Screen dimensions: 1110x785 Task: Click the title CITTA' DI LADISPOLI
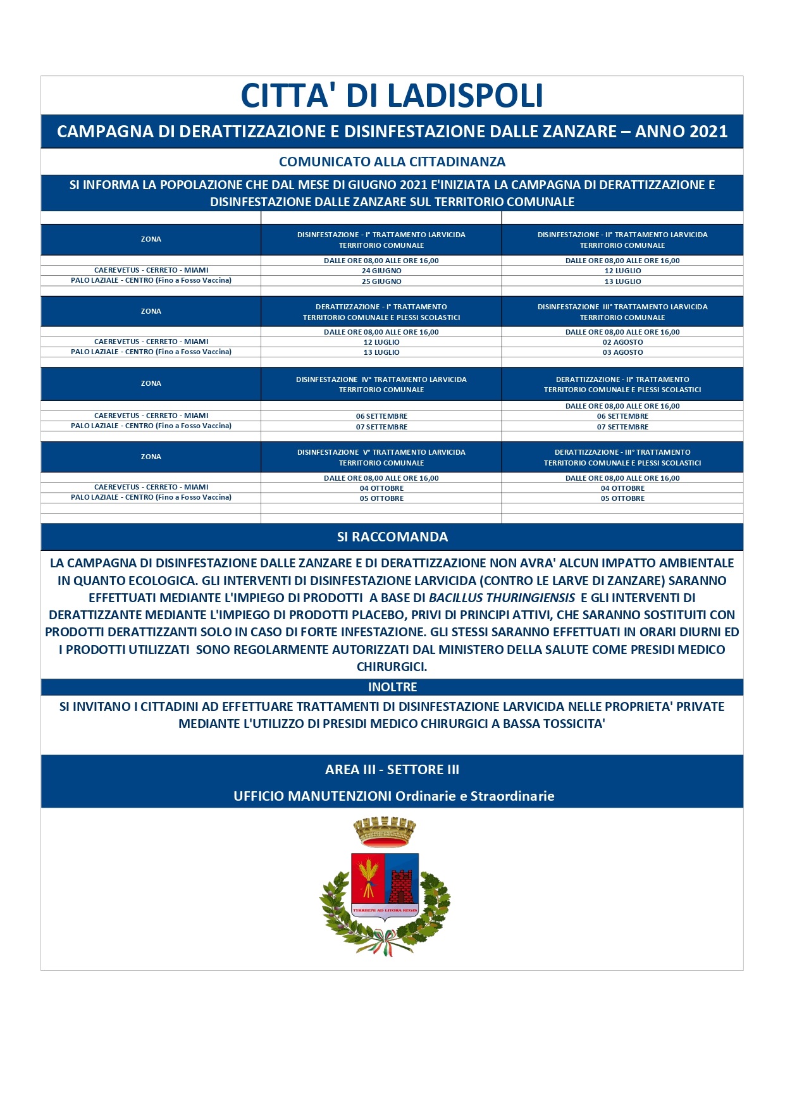[392, 96]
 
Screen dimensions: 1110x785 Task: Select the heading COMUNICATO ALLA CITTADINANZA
[392, 162]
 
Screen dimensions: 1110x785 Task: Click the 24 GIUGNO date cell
[381, 271]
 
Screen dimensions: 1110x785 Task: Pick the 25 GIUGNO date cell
[381, 281]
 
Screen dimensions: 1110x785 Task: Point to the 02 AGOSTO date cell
[622, 342]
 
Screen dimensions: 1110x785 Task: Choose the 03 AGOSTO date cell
[622, 352]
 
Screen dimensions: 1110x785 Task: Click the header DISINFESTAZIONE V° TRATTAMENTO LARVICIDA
[381, 452]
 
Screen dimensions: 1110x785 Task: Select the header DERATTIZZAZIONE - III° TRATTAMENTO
[622, 452]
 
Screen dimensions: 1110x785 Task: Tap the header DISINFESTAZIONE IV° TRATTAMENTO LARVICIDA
[381, 379]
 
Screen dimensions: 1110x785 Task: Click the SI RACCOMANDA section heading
[392, 537]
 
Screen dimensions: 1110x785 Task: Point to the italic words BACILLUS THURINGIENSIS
[502, 598]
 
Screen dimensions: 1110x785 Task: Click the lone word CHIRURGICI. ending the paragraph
[392, 667]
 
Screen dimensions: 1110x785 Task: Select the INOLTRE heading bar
[392, 687]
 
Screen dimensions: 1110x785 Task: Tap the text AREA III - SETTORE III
[392, 770]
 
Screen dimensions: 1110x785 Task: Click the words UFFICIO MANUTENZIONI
[312, 796]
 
